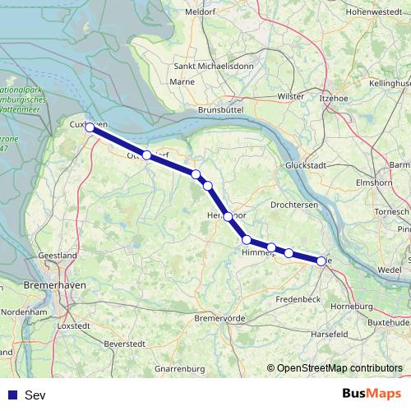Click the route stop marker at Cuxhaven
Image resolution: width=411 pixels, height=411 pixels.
tap(90, 127)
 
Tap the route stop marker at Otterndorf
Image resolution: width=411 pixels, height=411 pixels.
tap(146, 155)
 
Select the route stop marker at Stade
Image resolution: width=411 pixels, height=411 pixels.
tap(321, 261)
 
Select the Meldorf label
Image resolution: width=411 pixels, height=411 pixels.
tap(201, 12)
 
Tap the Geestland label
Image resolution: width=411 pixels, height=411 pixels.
tap(58, 256)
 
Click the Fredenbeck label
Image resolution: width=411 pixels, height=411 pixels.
tap(298, 299)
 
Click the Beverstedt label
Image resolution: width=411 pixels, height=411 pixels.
tap(127, 342)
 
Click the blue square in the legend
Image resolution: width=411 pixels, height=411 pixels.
tap(12, 395)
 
